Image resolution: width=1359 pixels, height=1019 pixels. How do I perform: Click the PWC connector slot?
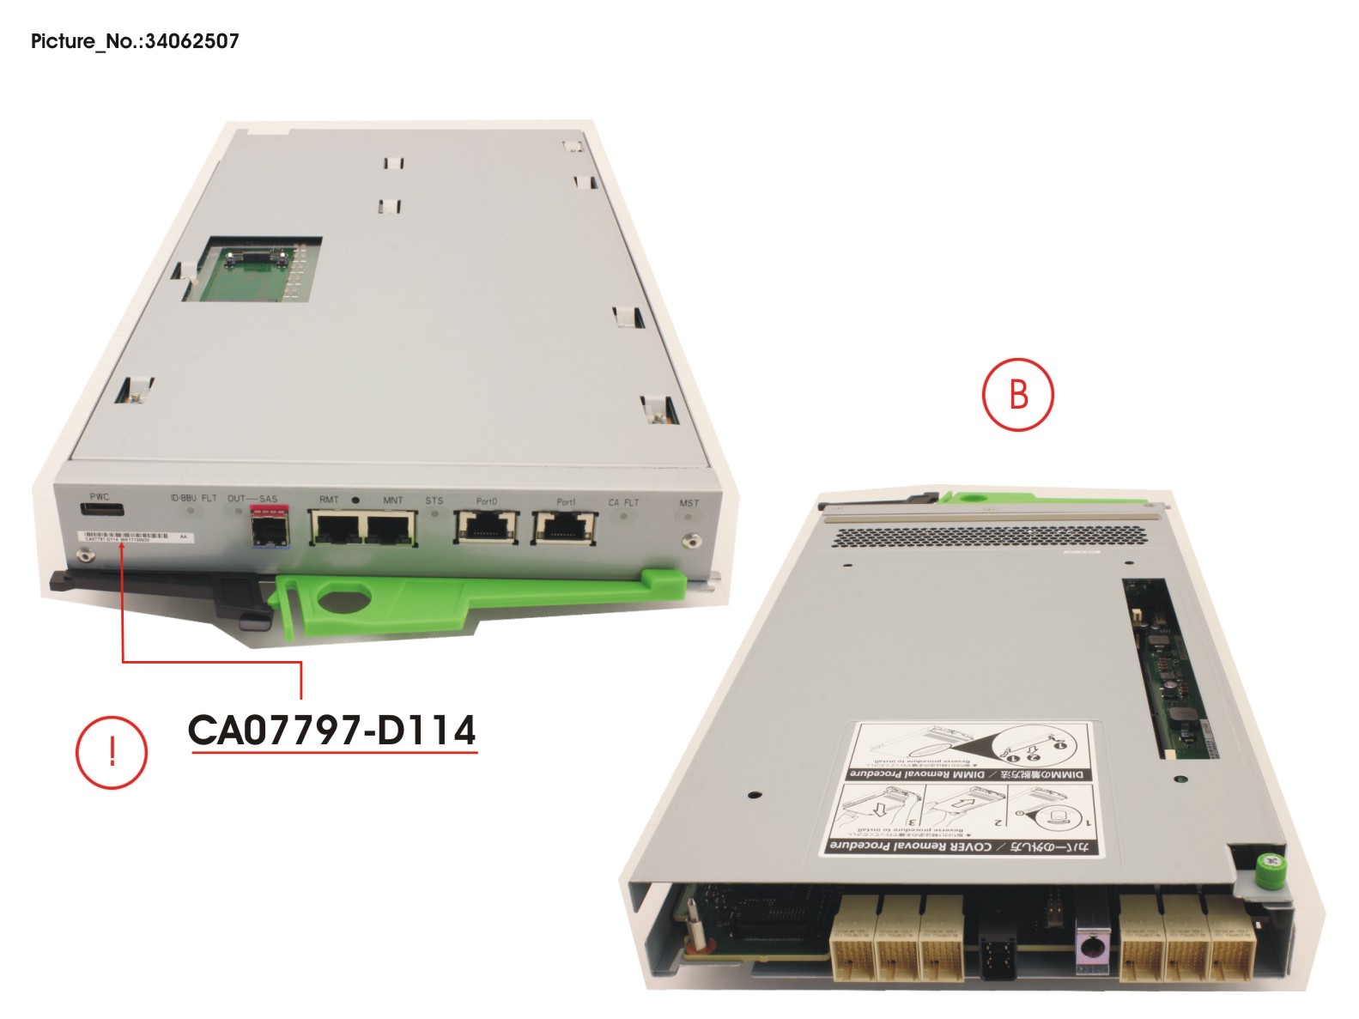(102, 511)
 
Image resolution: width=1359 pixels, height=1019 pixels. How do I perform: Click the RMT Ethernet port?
(335, 527)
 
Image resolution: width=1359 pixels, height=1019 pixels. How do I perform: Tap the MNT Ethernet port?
(391, 527)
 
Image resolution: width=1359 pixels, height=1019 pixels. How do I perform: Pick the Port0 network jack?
(486, 525)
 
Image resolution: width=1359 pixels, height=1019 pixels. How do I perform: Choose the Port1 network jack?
(564, 525)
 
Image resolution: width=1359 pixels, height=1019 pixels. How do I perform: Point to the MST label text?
(689, 503)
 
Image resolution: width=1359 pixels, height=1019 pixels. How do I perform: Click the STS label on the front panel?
(434, 500)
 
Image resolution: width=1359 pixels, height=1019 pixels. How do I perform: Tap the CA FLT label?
(624, 502)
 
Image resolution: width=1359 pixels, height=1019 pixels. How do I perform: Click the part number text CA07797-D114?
(331, 731)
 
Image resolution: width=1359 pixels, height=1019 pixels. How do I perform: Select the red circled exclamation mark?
(112, 752)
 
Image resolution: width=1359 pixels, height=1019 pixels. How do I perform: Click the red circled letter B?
(1017, 394)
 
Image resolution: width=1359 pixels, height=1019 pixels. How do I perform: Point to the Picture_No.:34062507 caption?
(135, 41)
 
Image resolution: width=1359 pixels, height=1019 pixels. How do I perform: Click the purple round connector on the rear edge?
(1090, 949)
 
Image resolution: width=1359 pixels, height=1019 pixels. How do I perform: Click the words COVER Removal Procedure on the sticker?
(910, 846)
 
